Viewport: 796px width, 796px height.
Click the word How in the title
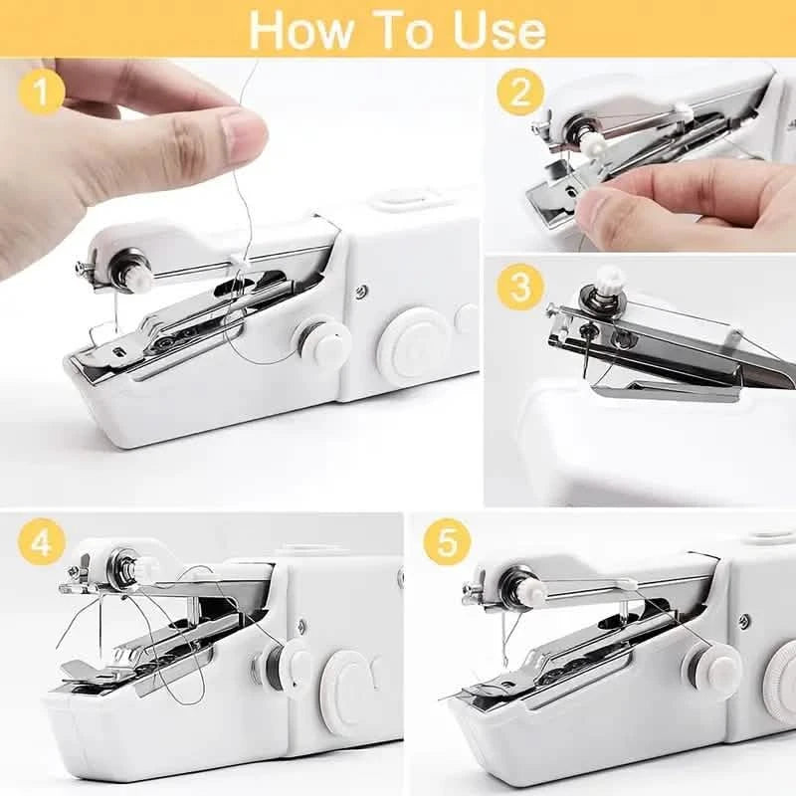(298, 29)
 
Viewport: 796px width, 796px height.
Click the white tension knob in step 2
(595, 146)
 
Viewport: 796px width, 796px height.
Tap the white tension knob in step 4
(147, 569)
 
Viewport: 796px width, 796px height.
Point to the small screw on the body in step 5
(743, 621)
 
